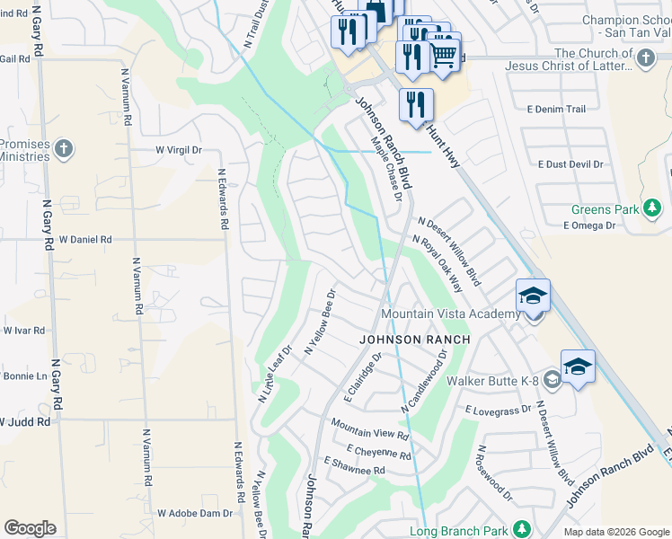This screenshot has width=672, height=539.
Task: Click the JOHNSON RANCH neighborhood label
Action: pos(415,340)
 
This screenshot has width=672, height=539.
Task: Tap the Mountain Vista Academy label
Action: pos(450,314)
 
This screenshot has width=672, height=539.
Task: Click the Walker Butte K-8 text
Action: pos(493,380)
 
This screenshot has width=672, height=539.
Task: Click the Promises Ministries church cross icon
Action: pos(63,148)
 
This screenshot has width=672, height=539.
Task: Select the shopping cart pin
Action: pos(443,53)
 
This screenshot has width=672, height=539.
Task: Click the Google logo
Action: pos(30,528)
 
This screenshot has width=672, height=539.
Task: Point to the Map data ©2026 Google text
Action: pos(615,532)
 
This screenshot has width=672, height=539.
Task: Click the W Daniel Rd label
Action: pos(85,240)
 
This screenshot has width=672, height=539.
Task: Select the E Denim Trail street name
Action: pos(556,109)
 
